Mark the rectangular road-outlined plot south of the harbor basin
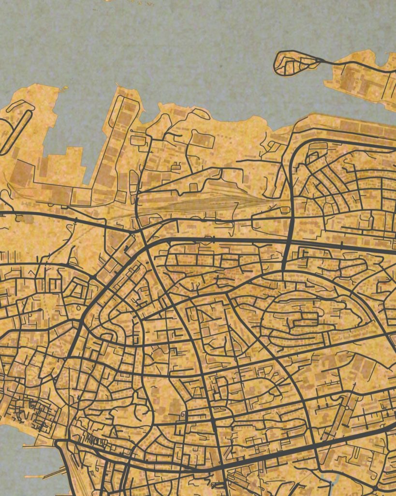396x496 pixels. pos(202,139)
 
